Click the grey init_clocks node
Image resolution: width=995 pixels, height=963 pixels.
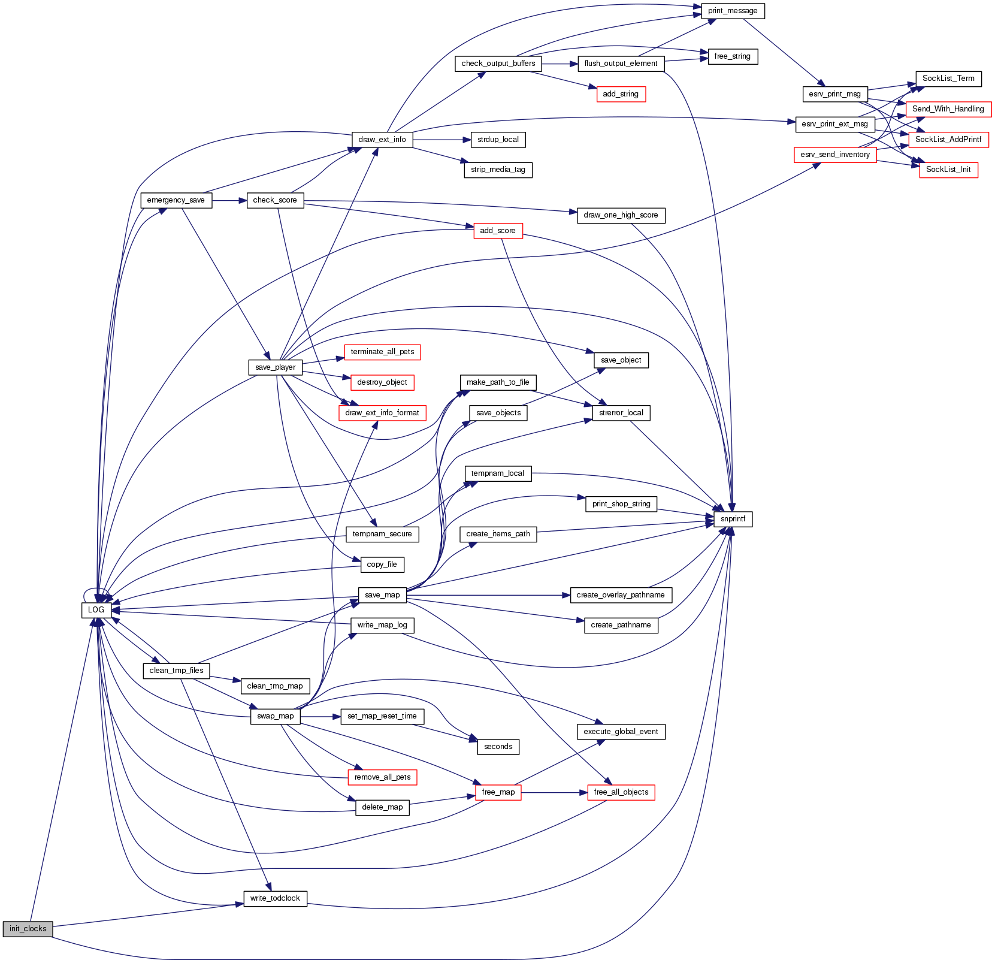[x=28, y=929]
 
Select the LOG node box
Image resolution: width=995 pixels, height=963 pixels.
[x=96, y=609]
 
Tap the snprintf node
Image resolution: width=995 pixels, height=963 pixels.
[x=733, y=519]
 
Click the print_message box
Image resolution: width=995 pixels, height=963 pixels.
[x=732, y=11]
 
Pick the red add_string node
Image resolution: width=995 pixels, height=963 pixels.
[x=621, y=94]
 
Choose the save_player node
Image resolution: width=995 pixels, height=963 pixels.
[x=275, y=367]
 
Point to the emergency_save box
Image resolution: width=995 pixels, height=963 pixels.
[x=176, y=200]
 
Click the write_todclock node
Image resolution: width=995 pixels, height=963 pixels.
[x=275, y=898]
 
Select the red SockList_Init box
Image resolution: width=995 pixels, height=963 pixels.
[x=948, y=170]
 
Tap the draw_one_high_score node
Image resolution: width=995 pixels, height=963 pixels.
[x=621, y=215]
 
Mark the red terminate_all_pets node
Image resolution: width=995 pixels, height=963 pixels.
[x=382, y=352]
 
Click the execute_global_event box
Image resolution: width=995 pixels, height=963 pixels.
[x=621, y=732]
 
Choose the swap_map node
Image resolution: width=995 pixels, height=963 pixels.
[x=275, y=716]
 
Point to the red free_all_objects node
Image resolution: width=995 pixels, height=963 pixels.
[x=621, y=792]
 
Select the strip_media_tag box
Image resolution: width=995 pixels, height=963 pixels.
[x=498, y=170]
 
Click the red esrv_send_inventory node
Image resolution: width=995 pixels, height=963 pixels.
[x=834, y=155]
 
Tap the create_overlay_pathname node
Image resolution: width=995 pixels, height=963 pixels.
[x=621, y=595]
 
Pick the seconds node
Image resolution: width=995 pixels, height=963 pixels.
[x=498, y=747]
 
